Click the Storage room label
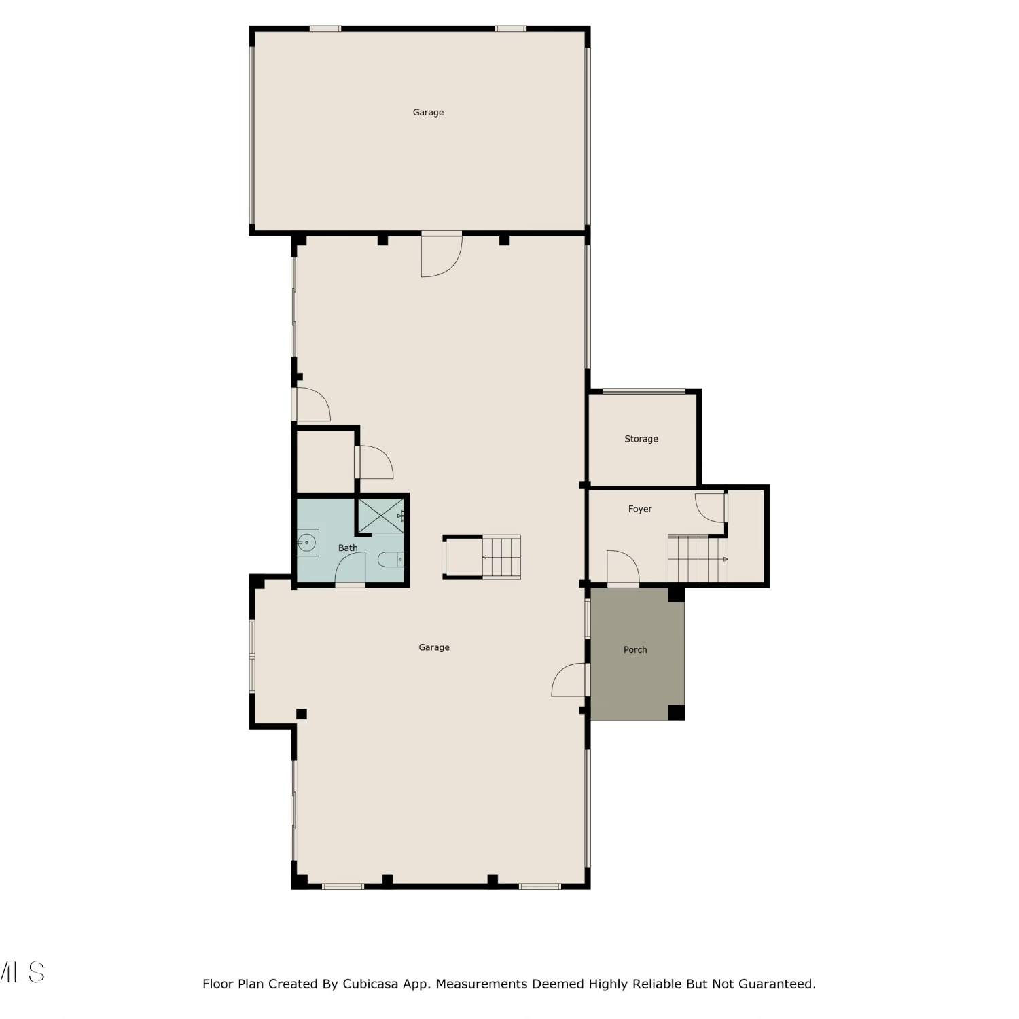(x=641, y=439)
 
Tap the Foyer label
(x=640, y=509)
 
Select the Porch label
(x=635, y=649)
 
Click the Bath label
(x=348, y=548)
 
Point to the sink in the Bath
(x=308, y=543)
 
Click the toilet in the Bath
(x=391, y=560)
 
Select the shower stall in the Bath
(x=381, y=516)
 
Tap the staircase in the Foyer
(x=698, y=559)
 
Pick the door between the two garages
(x=442, y=254)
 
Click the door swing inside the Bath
(x=351, y=568)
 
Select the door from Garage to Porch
(x=570, y=679)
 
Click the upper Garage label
(x=428, y=113)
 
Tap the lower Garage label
(x=434, y=647)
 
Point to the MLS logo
(x=22, y=972)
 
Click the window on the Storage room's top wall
(x=644, y=391)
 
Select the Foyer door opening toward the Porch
(x=623, y=567)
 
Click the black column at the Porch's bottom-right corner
(x=676, y=713)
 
